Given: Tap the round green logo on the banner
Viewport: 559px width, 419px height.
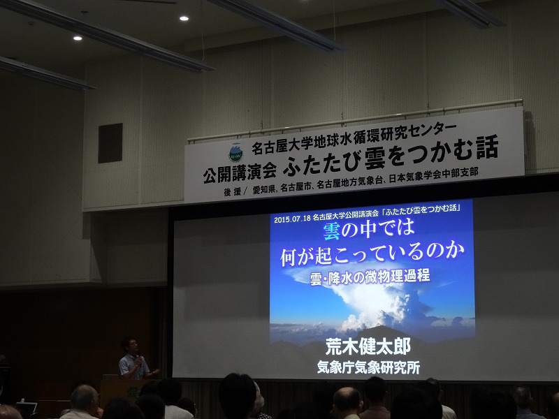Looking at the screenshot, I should [x=235, y=152].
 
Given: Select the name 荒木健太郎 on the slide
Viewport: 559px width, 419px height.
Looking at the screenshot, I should [x=369, y=347].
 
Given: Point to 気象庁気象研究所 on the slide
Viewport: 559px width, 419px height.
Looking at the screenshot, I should [x=369, y=366].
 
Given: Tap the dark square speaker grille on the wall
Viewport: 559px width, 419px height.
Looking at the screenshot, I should [x=110, y=143].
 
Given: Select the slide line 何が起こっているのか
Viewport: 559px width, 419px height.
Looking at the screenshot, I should [x=372, y=253].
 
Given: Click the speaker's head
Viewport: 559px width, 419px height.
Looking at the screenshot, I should [x=130, y=344].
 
